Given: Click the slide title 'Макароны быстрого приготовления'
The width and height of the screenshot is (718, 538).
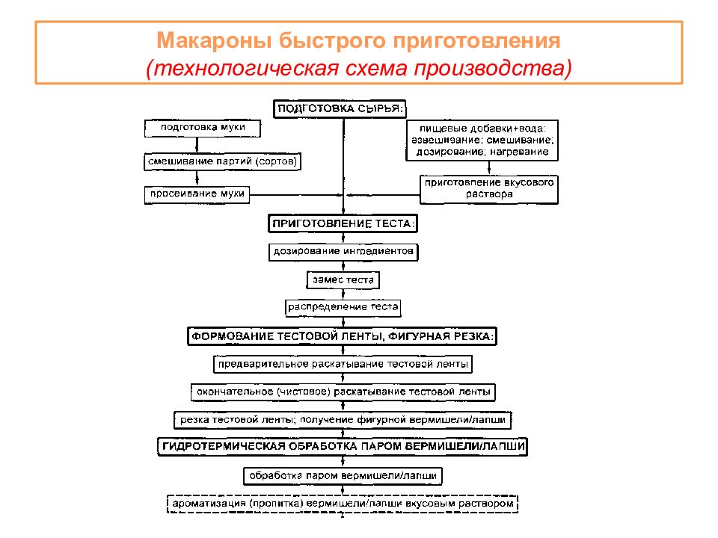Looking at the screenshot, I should (358, 40).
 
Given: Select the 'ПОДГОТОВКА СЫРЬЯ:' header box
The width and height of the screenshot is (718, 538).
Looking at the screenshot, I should (340, 108).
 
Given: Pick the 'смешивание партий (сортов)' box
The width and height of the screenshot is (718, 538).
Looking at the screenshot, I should (227, 161).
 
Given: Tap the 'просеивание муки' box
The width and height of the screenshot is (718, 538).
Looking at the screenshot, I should (196, 194).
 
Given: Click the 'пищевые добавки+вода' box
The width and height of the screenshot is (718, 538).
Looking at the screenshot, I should (482, 140).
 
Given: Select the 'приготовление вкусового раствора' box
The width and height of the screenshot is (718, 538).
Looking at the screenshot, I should (490, 188).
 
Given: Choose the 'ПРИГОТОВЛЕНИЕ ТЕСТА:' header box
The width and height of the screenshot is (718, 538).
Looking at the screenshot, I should (342, 223).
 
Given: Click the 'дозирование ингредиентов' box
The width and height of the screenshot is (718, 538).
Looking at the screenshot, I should (343, 252).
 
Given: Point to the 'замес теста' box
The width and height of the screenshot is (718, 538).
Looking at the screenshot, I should (343, 280).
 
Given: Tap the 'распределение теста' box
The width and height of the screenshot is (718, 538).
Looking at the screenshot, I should (343, 307).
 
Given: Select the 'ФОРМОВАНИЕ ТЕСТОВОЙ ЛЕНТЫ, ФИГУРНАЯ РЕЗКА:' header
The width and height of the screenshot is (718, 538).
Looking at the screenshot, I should (343, 337).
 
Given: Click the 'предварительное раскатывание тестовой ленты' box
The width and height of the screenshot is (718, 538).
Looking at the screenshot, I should (343, 365).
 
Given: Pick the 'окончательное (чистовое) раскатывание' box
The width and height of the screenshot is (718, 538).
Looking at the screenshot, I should (343, 391).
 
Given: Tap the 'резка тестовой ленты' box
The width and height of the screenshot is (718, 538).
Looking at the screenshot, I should (343, 420).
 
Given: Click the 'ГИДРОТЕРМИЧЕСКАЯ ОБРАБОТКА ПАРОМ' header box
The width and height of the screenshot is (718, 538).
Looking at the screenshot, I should (343, 447).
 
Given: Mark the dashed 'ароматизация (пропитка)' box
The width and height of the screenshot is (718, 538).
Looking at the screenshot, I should (343, 504).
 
